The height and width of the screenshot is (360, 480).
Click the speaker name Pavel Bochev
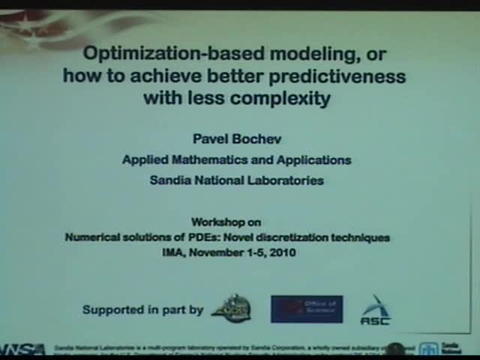[x=236, y=139]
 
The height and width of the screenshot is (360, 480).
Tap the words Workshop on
[x=226, y=222]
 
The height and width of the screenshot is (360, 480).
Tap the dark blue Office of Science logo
[x=307, y=309]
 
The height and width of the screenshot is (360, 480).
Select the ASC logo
[x=375, y=310]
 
